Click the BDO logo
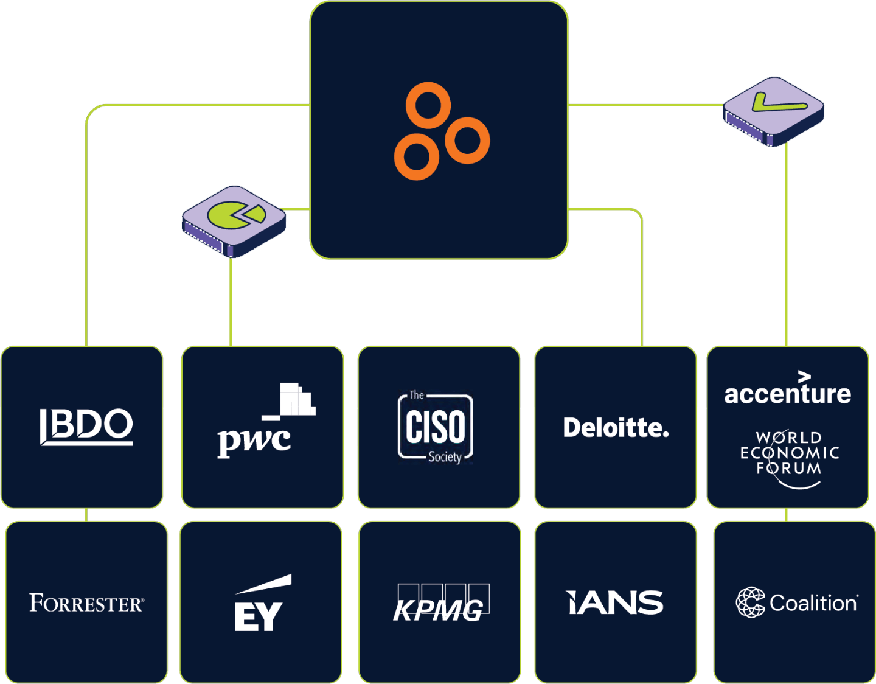(86, 426)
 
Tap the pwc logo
(266, 422)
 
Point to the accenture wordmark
(787, 394)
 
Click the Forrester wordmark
(86, 603)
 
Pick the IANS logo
(614, 602)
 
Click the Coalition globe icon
(750, 602)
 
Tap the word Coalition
(813, 603)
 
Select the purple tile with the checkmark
(774, 110)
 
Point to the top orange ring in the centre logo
(428, 105)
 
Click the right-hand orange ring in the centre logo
(467, 141)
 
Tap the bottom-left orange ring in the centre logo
(417, 157)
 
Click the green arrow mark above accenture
(804, 377)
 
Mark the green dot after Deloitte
(666, 435)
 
